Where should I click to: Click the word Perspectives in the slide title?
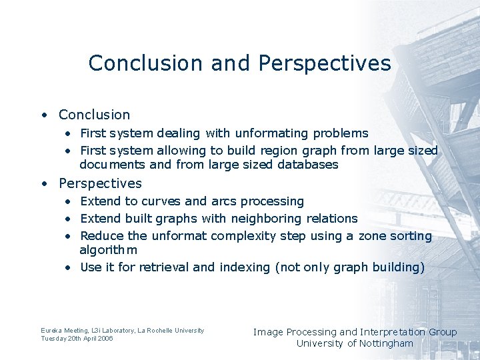pos(324,63)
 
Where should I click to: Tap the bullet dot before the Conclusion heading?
pos(43,115)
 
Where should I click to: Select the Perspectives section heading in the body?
pos(100,183)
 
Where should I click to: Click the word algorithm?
pos(108,250)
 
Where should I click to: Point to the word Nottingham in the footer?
pos(386,343)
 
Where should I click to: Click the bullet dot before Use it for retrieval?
pos(69,267)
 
